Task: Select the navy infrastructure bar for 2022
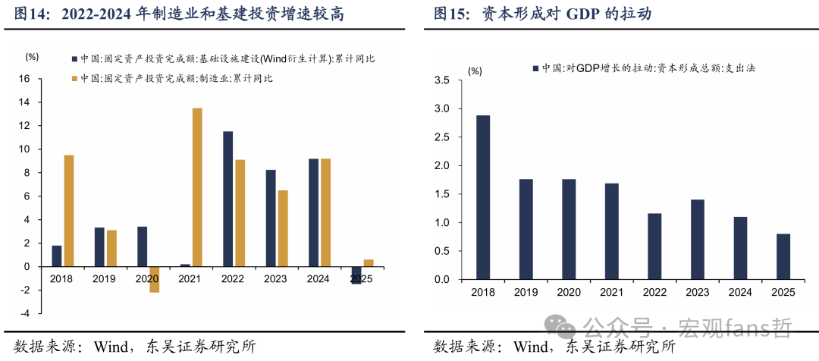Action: [227, 199]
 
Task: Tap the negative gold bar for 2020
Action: [155, 280]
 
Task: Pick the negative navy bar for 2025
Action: [356, 275]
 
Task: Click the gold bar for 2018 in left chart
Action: [69, 211]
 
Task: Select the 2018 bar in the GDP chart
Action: [482, 197]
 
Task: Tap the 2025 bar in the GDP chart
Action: [783, 257]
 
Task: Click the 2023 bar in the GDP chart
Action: [697, 240]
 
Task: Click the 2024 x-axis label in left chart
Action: [318, 279]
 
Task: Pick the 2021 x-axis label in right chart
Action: [611, 293]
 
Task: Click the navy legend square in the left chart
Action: [74, 58]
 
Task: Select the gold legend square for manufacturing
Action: [74, 78]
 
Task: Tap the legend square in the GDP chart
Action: [535, 68]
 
